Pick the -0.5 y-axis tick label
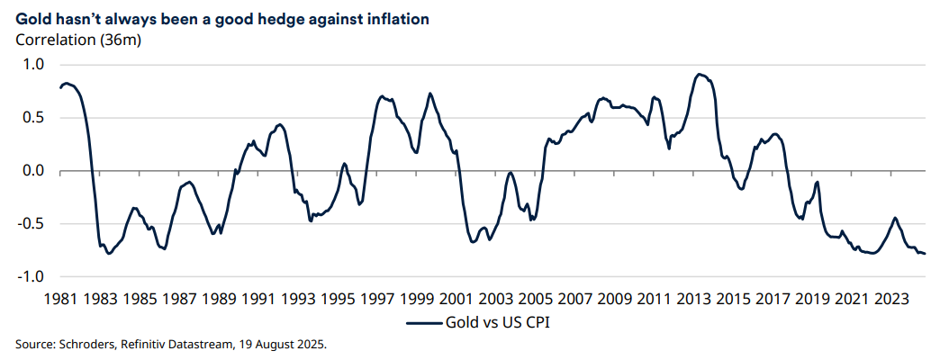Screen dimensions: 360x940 pyautogui.click(x=30, y=224)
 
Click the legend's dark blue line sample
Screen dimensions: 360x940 pyautogui.click(x=423, y=322)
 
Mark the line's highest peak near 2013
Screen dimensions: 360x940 pyautogui.click(x=700, y=74)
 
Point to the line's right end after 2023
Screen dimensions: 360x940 pyautogui.click(x=925, y=254)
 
